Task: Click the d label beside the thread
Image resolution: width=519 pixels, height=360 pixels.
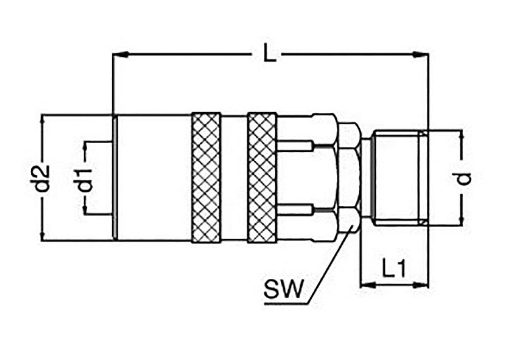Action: point(462,178)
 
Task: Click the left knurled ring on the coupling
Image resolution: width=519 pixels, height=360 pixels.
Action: point(206,177)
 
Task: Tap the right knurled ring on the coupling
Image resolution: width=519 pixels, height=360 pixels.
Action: point(263,177)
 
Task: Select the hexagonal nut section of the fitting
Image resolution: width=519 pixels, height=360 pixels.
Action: point(349,177)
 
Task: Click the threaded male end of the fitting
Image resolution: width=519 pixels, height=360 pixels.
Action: point(398,177)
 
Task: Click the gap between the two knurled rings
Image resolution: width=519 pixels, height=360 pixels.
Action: point(234,177)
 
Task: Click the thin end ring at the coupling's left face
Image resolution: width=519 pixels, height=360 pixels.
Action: point(115,177)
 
